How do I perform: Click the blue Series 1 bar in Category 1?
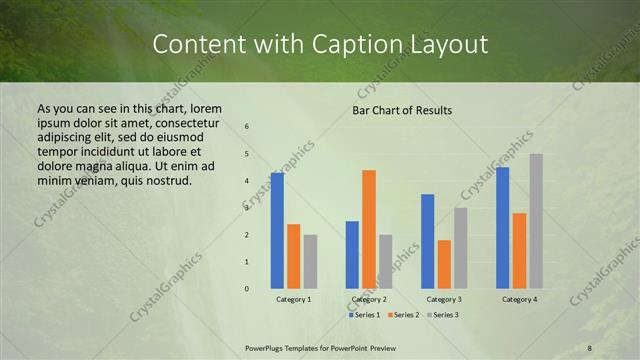pos(277,231)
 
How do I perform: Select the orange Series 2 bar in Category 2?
pos(369,229)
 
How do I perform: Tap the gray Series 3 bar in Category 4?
pos(536,221)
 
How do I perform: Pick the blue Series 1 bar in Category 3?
pos(428,241)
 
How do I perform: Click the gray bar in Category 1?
pos(311,261)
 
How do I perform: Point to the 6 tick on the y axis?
pos(247,127)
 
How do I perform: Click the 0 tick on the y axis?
pos(247,289)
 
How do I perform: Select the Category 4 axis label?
pos(519,299)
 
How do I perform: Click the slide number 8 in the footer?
pos(590,347)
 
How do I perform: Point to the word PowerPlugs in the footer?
pos(266,347)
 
